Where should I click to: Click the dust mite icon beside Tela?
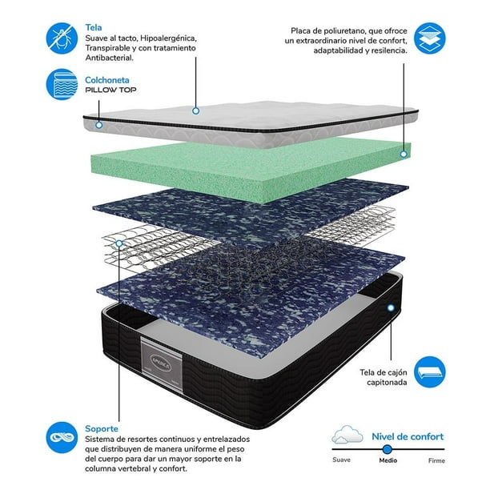(62, 38)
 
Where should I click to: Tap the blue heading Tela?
(94, 27)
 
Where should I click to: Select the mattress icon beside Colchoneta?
(62, 84)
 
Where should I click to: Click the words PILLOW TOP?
(110, 90)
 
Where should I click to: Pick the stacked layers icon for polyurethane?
(430, 38)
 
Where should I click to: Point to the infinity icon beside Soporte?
(62, 437)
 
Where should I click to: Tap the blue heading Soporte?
(102, 429)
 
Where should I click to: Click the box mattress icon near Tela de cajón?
(430, 372)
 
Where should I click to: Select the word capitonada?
(387, 382)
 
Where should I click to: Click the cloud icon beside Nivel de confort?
(347, 435)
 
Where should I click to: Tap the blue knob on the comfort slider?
(388, 449)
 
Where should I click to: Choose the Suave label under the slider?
(341, 460)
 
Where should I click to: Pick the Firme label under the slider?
(436, 460)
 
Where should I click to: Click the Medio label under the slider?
(388, 460)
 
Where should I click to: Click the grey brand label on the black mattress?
(161, 363)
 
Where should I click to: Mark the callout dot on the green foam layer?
(404, 154)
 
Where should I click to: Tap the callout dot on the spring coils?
(119, 243)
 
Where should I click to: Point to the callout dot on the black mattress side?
(391, 308)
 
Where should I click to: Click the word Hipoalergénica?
(168, 38)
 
